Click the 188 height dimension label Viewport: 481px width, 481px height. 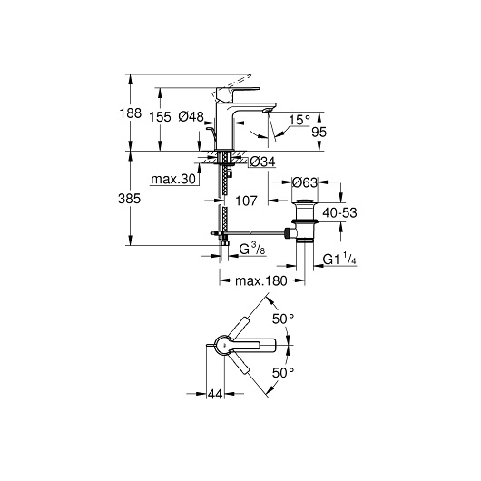click(131, 113)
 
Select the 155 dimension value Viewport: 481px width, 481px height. click(160, 117)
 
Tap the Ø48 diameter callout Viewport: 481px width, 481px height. click(191, 116)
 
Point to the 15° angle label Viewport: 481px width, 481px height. click(299, 119)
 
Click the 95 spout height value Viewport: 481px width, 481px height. click(319, 133)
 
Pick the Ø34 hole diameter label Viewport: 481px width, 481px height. click(262, 162)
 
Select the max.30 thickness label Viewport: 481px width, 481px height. click(173, 179)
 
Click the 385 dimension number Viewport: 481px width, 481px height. click(129, 199)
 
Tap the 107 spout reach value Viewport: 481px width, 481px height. click(246, 201)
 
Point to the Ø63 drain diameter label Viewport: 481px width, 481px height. click(304, 182)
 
